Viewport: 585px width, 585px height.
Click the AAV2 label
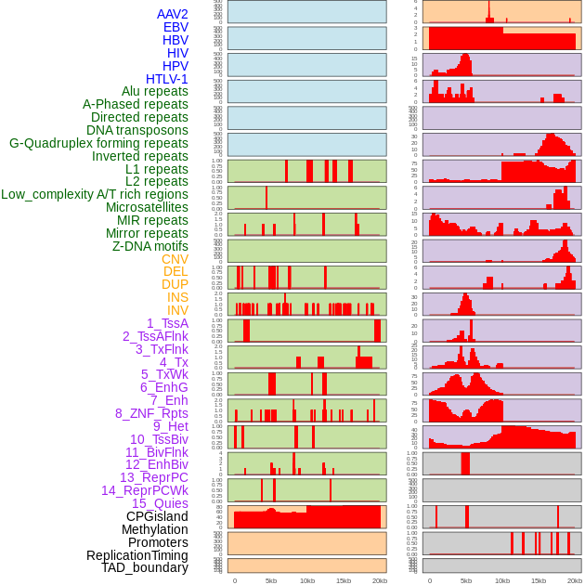(x=173, y=14)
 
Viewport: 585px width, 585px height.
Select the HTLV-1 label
(x=167, y=79)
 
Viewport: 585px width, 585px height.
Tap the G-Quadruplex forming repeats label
(x=98, y=143)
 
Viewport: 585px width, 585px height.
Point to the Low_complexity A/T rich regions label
(x=95, y=194)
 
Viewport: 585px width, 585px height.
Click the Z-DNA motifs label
(x=150, y=246)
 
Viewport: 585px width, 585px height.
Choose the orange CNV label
(x=175, y=259)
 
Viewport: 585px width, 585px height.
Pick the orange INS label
(x=177, y=297)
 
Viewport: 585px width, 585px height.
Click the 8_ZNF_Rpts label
(x=151, y=413)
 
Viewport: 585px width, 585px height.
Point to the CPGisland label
(x=157, y=516)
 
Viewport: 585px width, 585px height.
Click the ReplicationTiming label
(x=136, y=555)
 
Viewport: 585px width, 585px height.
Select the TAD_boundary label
(x=145, y=567)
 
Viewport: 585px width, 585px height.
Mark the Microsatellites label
(x=147, y=207)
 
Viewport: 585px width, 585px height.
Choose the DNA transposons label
(x=137, y=130)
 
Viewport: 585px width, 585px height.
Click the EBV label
(x=175, y=27)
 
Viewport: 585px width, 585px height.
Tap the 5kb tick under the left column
(x=271, y=580)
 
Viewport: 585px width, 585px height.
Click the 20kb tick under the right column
(x=575, y=580)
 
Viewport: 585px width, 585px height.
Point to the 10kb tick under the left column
(x=307, y=580)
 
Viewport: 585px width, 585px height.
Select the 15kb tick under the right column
(x=539, y=580)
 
